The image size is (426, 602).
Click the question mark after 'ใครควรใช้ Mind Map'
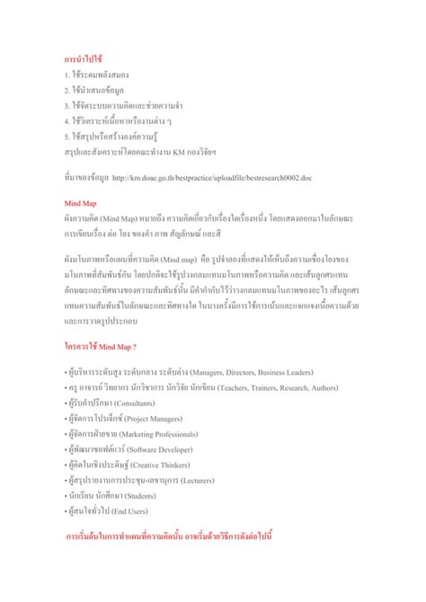click(134, 345)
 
